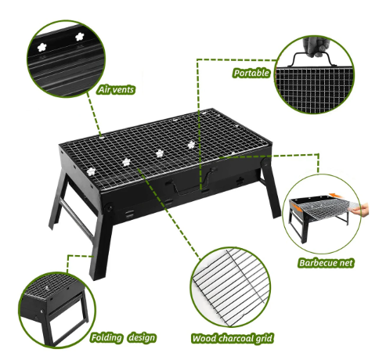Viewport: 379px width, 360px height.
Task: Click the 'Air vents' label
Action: click(116, 90)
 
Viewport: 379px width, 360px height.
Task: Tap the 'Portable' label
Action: click(251, 73)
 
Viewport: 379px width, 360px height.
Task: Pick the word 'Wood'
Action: click(204, 339)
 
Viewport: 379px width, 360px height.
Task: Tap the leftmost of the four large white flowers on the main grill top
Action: click(91, 171)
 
